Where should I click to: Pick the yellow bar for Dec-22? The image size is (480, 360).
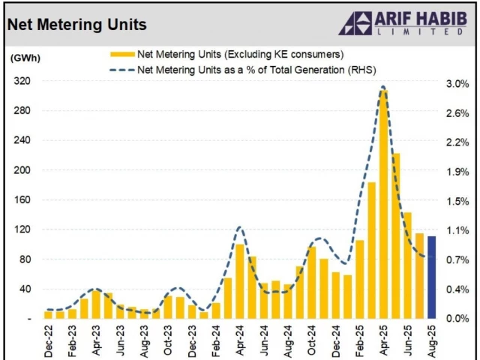(48, 314)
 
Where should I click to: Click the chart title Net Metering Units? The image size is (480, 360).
(76, 25)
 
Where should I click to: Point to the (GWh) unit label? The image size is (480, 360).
(25, 57)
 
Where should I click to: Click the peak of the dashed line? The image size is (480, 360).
(383, 87)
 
